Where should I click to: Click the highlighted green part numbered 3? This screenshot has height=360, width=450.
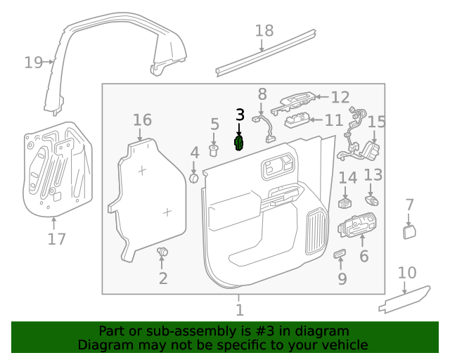(239, 143)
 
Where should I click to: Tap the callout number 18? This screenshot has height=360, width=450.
(264, 31)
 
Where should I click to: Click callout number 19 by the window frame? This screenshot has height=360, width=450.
(33, 63)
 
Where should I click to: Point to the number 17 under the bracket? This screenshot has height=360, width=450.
(57, 239)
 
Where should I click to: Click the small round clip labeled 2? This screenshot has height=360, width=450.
(163, 252)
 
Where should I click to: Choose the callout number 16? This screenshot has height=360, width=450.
(142, 120)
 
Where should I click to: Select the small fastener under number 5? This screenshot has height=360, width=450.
(214, 149)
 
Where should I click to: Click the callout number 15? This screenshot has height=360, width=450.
(377, 123)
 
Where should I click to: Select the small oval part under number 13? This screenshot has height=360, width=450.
(373, 200)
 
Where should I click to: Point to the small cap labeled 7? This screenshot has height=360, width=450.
(409, 233)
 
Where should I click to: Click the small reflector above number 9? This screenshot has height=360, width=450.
(340, 253)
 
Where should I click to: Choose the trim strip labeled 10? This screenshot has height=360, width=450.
(404, 300)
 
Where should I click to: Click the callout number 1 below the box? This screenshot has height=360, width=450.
(239, 309)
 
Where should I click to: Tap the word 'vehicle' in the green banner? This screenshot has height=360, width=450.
(342, 345)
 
